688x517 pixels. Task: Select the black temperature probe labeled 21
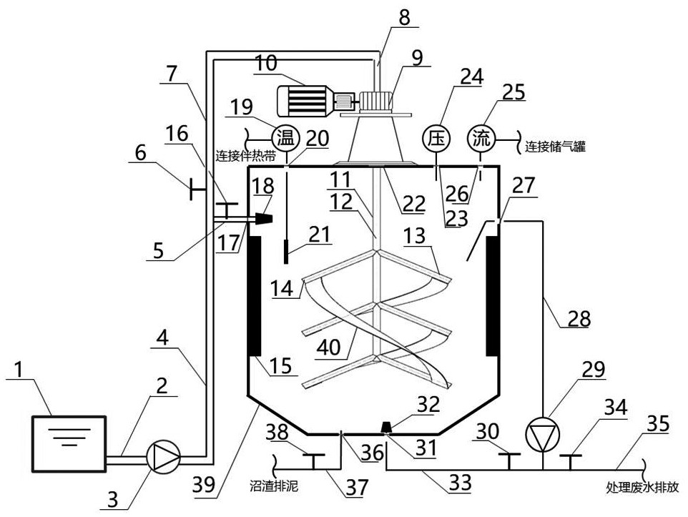285,252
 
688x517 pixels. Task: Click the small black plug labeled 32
386,427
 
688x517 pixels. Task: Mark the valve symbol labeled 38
313,456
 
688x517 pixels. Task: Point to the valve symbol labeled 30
507,457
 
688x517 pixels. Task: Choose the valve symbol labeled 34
570,457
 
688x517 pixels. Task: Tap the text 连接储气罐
556,147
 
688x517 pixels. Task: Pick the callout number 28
579,318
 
